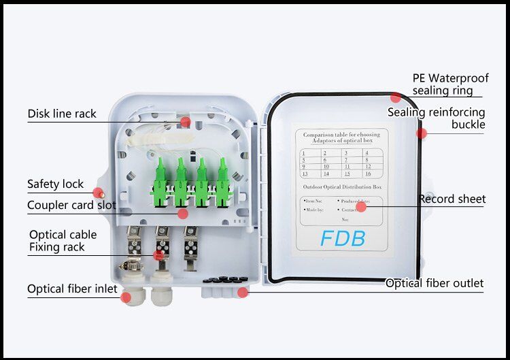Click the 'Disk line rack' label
point(62,114)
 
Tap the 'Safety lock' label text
point(55,184)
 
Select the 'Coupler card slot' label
point(71,205)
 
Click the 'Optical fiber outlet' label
point(435,283)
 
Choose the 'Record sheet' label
point(452,199)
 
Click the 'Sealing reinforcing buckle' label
point(437,118)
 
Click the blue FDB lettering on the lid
point(343,239)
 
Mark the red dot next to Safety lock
point(98,194)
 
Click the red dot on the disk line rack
point(185,122)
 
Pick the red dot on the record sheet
point(361,206)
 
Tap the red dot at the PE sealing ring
point(396,97)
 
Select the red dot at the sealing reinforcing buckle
point(422,133)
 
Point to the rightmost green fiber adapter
point(221,182)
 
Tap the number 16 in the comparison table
point(367,174)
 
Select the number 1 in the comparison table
point(304,153)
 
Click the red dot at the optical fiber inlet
point(126,297)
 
